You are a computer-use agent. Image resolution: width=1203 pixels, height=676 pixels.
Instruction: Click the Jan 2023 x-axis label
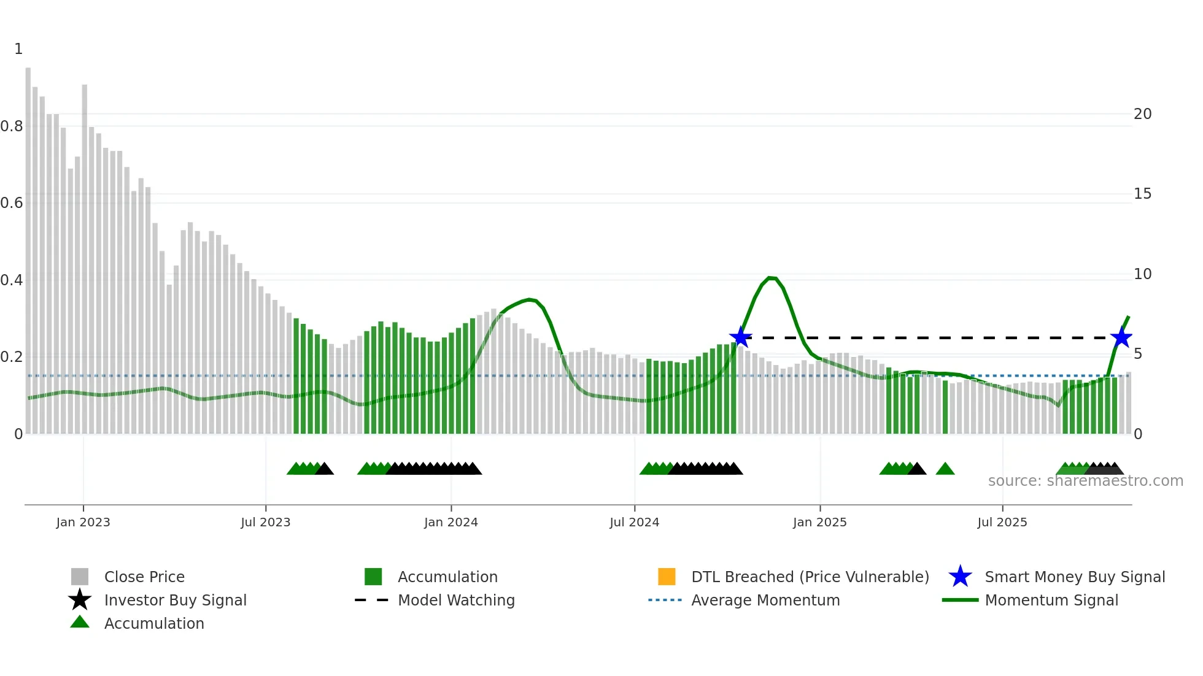pyautogui.click(x=83, y=522)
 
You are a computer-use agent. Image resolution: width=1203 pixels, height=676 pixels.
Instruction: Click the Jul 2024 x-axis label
pyautogui.click(x=634, y=522)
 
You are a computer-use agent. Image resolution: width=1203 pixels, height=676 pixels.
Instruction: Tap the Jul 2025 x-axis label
pyautogui.click(x=1002, y=522)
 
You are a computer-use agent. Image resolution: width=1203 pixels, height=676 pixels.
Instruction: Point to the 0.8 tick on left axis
pyautogui.click(x=12, y=126)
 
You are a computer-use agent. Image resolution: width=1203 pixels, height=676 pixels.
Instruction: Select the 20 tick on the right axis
pyautogui.click(x=1142, y=114)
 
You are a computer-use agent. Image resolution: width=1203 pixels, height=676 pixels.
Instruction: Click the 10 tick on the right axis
pyautogui.click(x=1142, y=274)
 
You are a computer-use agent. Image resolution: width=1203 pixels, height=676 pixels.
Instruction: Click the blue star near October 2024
pyautogui.click(x=741, y=337)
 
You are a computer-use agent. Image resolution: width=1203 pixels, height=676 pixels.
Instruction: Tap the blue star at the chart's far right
pyautogui.click(x=1121, y=337)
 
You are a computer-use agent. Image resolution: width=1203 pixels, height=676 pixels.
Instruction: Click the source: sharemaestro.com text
pyautogui.click(x=1085, y=481)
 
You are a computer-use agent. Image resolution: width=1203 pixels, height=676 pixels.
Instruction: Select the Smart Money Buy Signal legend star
pyautogui.click(x=960, y=577)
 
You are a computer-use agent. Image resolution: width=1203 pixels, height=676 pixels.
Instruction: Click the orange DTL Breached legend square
pyautogui.click(x=667, y=577)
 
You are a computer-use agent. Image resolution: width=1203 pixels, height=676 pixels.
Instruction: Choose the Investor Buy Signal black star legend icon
pyautogui.click(x=80, y=600)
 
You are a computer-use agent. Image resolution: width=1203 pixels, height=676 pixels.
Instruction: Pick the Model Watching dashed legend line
pyautogui.click(x=372, y=600)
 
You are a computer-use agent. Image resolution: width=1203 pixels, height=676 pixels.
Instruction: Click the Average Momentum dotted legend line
pyautogui.click(x=665, y=600)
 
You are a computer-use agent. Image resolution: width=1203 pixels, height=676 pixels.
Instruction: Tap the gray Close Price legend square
pyautogui.click(x=80, y=577)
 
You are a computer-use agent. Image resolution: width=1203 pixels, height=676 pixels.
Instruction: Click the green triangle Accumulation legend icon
pyautogui.click(x=80, y=622)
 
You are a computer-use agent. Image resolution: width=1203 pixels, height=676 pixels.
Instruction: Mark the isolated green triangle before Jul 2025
pyautogui.click(x=945, y=469)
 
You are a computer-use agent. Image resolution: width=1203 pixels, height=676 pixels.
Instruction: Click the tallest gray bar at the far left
pyautogui.click(x=28, y=245)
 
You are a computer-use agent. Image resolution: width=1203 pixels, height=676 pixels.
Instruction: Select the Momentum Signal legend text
pyautogui.click(x=1051, y=600)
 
